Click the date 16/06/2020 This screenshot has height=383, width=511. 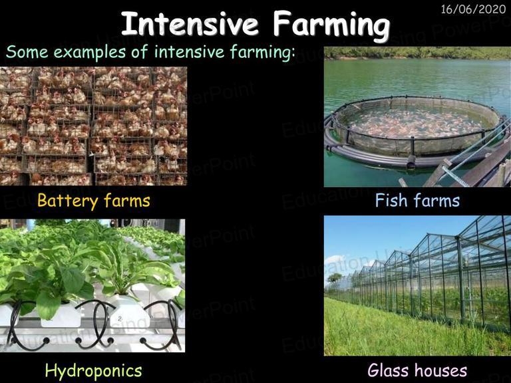473,9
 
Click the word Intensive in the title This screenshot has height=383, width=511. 190,24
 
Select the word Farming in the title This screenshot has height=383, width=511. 331,26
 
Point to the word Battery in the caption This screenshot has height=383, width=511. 67,200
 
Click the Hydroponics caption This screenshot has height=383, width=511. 94,371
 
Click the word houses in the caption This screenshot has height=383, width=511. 438,370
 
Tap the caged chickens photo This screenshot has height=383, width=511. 94,126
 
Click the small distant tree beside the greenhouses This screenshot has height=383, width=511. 335,278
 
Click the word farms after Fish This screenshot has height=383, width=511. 436,200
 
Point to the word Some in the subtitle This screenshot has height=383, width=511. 27,52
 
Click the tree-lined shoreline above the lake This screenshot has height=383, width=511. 417,53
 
